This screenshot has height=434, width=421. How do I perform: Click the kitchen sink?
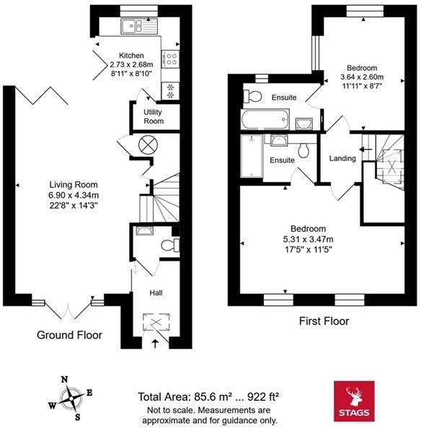tap(139, 26)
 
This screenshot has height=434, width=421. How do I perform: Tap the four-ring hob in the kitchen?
tap(171, 58)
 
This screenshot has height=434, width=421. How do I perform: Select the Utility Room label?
tap(154, 116)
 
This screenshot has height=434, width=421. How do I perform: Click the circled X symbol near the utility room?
tap(148, 145)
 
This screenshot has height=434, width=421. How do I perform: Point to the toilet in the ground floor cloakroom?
tap(170, 245)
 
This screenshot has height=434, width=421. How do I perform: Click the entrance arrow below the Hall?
tap(156, 344)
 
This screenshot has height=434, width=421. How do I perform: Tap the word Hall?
tap(156, 293)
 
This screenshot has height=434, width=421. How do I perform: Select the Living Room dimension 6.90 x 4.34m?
tap(74, 195)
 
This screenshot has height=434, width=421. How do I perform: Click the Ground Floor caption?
tap(69, 335)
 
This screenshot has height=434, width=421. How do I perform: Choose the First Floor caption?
tap(324, 321)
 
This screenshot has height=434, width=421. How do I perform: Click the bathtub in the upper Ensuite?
tap(265, 119)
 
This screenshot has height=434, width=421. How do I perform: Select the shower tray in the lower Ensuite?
tap(252, 156)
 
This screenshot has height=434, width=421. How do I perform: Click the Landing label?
tap(342, 158)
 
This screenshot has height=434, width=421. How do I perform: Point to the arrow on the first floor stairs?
tap(365, 149)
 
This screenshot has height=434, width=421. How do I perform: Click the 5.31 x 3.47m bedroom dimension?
tap(308, 239)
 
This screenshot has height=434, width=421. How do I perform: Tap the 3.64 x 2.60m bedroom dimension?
tap(362, 77)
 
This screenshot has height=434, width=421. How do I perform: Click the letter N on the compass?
tap(64, 379)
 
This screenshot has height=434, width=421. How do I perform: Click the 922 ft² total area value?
tap(262, 397)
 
